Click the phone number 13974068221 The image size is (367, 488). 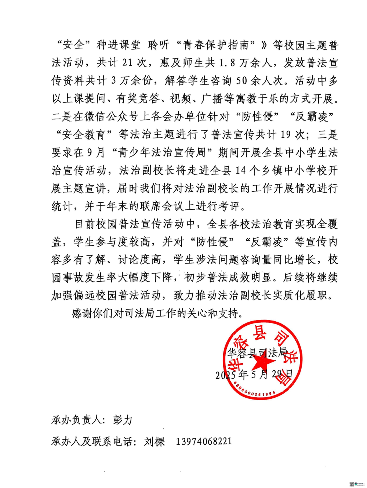204,441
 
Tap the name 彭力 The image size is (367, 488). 123,420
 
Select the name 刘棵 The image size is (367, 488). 155,441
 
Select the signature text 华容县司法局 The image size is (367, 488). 257,353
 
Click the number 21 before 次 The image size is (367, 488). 127,62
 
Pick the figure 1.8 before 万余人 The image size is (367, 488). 227,63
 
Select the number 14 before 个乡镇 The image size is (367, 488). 240,170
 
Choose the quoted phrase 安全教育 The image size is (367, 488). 84,134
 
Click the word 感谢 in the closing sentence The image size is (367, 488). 82,313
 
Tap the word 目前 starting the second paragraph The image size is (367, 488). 85,224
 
